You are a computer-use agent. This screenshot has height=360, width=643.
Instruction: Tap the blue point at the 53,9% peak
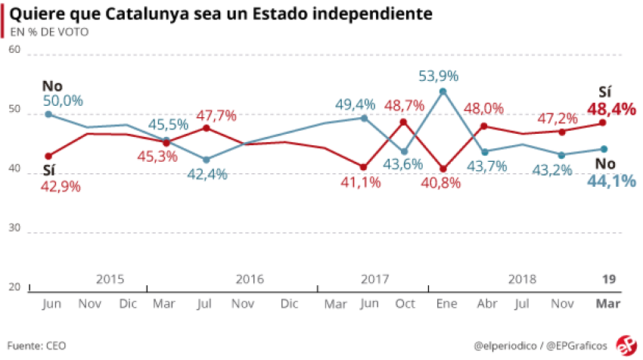443,92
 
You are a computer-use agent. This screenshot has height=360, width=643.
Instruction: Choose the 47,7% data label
217,116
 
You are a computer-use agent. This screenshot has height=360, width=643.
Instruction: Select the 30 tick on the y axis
14,228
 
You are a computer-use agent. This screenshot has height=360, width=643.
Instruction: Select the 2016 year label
250,279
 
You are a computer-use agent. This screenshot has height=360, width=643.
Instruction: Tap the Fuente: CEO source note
37,346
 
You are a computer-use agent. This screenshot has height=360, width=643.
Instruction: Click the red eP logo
626,344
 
